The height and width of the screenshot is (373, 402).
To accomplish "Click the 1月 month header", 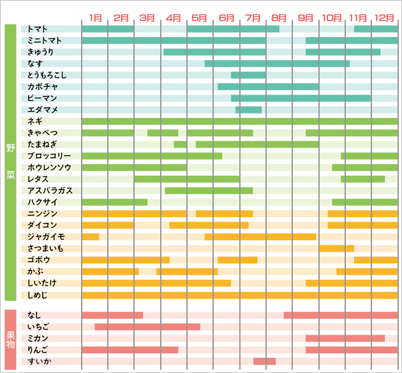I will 95,16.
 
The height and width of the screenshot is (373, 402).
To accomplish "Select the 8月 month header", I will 279,16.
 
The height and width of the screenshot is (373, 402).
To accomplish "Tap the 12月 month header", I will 385,16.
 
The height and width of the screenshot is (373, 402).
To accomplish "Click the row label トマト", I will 38,29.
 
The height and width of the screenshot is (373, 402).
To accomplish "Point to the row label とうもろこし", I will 47,75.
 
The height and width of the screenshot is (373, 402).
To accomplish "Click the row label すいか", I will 37,362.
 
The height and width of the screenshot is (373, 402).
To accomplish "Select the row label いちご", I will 38,327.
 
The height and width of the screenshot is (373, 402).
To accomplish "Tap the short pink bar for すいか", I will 264,362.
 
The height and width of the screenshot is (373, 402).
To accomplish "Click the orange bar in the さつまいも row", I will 336,248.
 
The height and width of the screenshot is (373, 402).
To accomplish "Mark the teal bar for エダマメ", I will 248,110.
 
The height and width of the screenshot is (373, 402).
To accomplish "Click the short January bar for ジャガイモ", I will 91,237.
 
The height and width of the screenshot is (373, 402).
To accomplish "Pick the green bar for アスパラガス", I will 209,190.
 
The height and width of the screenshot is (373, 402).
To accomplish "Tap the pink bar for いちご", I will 147,327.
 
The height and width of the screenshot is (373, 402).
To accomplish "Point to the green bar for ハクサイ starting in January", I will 115,202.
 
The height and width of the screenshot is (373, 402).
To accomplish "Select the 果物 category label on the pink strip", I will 10,339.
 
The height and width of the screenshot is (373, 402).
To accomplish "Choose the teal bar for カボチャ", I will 268,87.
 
